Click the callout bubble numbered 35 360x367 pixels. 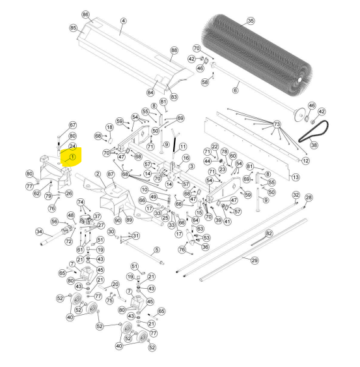[x=251, y=21]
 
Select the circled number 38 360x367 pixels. [x=314, y=145]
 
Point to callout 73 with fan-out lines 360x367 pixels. [x=277, y=124]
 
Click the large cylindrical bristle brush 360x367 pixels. [x=256, y=55]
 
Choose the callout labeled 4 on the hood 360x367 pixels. [x=123, y=21]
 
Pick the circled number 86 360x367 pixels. [x=85, y=15]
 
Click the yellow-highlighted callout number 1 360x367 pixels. [x=72, y=157]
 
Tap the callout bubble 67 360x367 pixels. [x=73, y=125]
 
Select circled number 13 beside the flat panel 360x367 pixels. [x=296, y=177]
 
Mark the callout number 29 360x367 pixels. [x=255, y=261]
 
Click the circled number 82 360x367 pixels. [x=269, y=233]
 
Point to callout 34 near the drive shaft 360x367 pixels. [x=39, y=231]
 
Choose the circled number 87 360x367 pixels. [x=111, y=174]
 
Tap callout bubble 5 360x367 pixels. [x=157, y=250]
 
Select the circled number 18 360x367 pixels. [x=109, y=127]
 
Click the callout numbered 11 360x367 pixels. [x=182, y=147]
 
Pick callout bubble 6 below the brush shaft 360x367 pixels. [x=235, y=90]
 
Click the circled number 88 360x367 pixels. [x=174, y=50]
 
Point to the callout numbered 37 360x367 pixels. [x=97, y=216]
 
